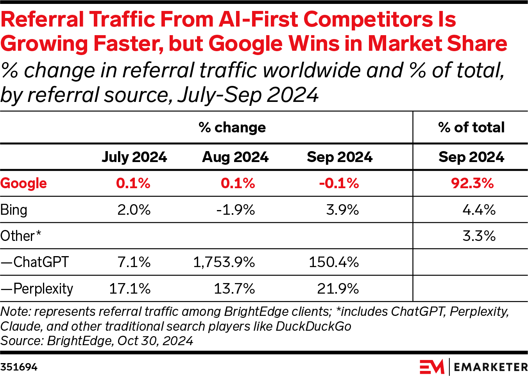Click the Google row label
(23, 183)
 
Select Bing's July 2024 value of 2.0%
(134, 210)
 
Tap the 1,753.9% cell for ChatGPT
(224, 262)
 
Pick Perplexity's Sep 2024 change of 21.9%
(338, 289)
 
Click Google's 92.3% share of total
(472, 183)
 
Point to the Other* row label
(21, 236)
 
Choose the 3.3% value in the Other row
(479, 236)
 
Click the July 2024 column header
(134, 157)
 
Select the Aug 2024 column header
(235, 157)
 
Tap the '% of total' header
(471, 127)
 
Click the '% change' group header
(232, 127)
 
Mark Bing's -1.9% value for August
(236, 210)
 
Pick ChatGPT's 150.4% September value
(334, 262)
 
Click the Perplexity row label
(37, 289)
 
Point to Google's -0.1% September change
(339, 183)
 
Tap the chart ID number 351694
(19, 367)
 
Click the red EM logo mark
(432, 367)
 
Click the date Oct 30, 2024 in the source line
(155, 341)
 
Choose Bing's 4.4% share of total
(479, 210)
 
